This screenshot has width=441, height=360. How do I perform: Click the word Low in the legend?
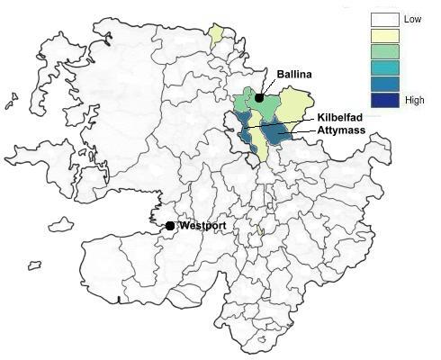(413, 19)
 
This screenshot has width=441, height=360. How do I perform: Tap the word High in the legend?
(415, 100)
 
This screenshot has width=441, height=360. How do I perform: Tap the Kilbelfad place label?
(341, 117)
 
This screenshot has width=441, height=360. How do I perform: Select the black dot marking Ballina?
(259, 98)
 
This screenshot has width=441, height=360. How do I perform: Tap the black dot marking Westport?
(170, 225)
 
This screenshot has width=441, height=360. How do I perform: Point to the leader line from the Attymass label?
(301, 132)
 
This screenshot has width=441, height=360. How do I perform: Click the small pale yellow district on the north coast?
(216, 37)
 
